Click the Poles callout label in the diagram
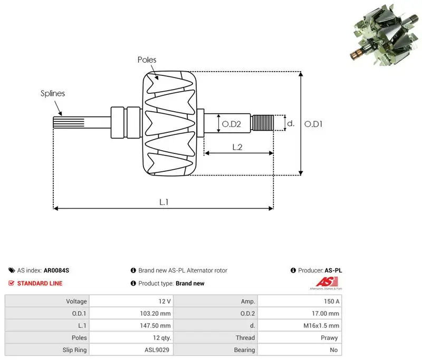click(x=147, y=60)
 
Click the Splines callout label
click(x=53, y=93)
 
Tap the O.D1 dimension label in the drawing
click(x=313, y=124)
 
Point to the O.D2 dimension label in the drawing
click(x=231, y=124)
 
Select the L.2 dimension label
click(x=237, y=147)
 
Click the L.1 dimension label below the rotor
click(x=164, y=202)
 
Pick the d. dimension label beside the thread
click(x=291, y=123)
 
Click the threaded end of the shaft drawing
click(x=262, y=123)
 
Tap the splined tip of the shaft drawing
click(x=69, y=122)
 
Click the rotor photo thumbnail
click(x=386, y=35)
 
